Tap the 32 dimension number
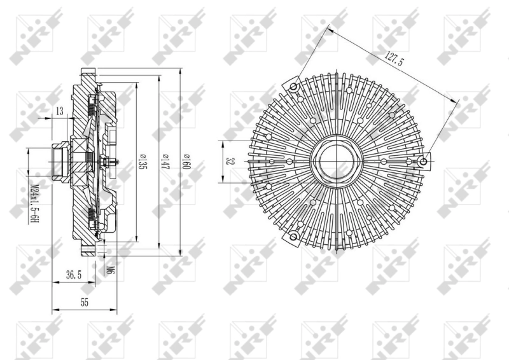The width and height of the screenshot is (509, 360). click(227, 162)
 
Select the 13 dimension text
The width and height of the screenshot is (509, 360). click(59, 112)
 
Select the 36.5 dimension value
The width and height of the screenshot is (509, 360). click(74, 275)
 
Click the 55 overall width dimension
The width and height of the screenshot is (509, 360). click(84, 303)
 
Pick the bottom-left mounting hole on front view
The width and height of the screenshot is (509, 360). click(293, 238)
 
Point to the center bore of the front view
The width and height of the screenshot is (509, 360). click(337, 162)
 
